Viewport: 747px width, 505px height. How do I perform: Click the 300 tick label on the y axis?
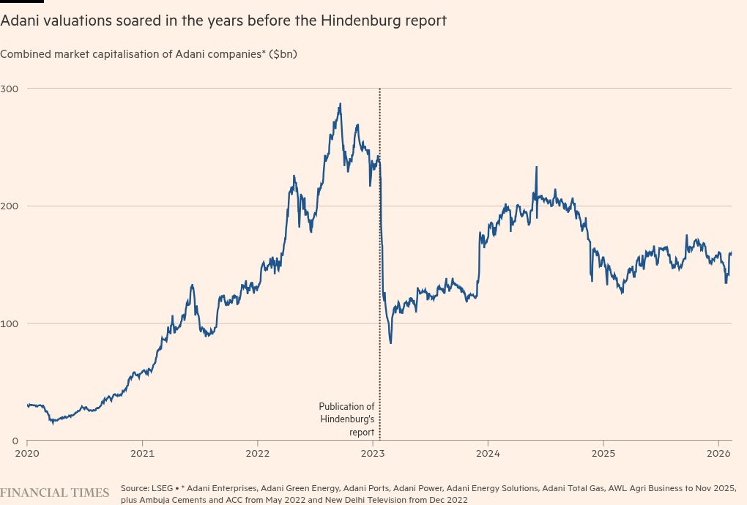12,89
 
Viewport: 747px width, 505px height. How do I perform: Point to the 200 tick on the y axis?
12,206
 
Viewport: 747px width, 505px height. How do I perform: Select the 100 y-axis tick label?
12,323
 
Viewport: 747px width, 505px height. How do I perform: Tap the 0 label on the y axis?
15,441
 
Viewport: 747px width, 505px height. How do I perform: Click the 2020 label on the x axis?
27,454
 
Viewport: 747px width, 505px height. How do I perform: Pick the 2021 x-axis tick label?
142,454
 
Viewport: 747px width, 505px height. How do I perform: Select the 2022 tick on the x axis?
257,454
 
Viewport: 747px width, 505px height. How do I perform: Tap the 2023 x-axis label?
373,454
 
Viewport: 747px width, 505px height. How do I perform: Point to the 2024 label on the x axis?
488,454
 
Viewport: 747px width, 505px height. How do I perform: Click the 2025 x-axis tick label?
603,454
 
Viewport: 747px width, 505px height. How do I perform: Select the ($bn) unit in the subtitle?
283,54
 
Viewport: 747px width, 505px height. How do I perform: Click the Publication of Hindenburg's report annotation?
347,419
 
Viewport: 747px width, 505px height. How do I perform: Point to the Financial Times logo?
55,493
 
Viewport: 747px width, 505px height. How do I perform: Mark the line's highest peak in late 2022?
340,104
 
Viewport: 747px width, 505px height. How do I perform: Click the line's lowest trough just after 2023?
390,343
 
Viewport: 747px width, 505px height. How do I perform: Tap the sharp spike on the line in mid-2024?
536,167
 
